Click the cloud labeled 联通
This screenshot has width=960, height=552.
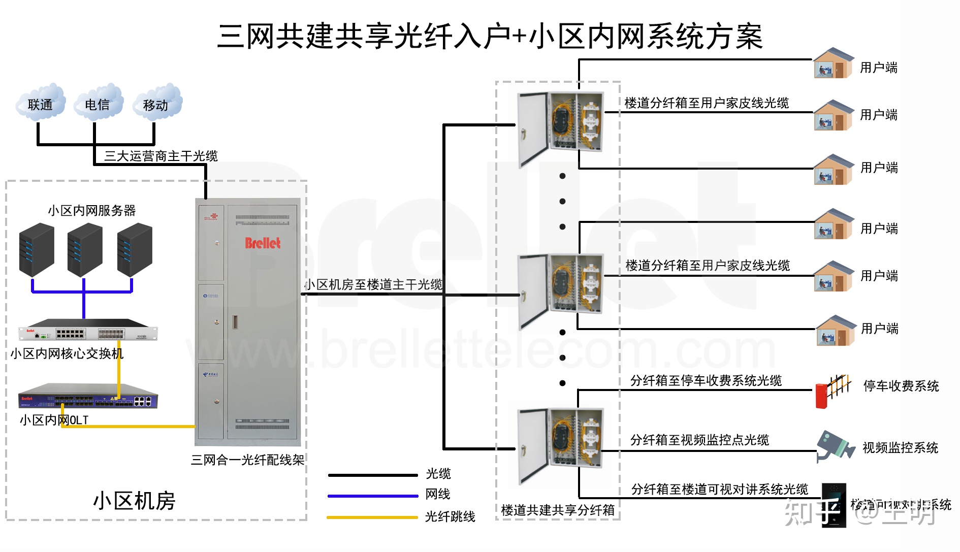pos(41,104)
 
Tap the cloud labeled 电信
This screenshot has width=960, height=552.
pos(98,104)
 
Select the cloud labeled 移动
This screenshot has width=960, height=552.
pos(156,104)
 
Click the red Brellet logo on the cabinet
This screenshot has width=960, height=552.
pos(263,243)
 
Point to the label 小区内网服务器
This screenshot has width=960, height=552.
pos(92,210)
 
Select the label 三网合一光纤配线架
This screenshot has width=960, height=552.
pos(247,460)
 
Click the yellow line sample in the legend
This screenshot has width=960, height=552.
pos(372,517)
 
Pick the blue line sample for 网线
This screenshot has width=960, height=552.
pos(372,496)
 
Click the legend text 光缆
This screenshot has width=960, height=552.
pos(438,474)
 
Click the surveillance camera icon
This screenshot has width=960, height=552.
pos(834,446)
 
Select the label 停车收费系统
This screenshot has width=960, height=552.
pos(901,386)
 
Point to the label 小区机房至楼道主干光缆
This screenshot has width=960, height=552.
pos(373,284)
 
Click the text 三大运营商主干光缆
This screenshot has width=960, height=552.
pos(161,156)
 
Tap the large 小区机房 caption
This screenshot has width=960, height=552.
pos(134,501)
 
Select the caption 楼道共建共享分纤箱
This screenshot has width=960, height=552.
pos(557,510)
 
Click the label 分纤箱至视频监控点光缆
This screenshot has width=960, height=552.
pos(699,440)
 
